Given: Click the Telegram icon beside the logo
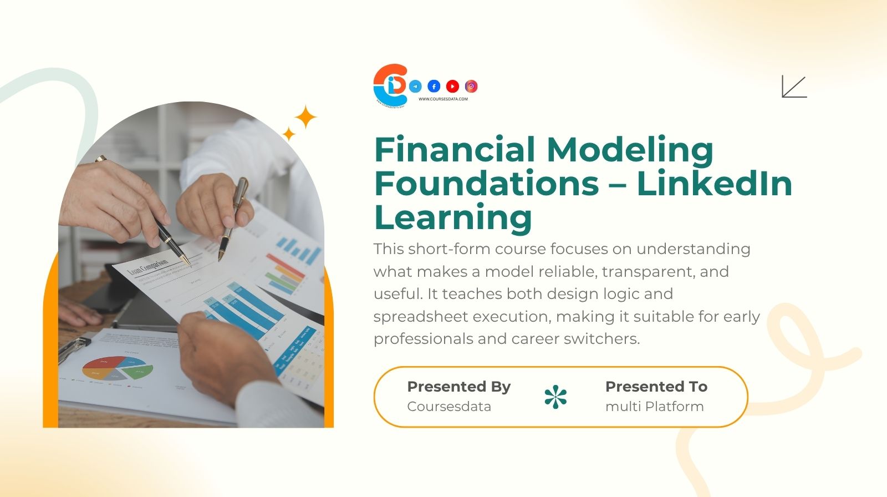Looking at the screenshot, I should point(415,86).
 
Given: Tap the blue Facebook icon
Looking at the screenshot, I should point(434,86).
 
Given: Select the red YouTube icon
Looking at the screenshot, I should point(452,86).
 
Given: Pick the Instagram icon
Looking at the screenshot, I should point(471,86).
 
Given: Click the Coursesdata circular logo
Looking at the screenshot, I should point(391,85).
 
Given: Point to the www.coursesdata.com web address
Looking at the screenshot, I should point(443,99).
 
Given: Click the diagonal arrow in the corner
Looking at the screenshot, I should point(794,87).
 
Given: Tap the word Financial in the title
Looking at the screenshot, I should point(455,150).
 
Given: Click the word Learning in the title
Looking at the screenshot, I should point(453,217).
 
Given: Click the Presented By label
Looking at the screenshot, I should point(458,387).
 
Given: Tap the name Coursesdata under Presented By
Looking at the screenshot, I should point(449,407).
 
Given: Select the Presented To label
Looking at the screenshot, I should point(656,387).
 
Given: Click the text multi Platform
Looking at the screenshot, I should point(654,407).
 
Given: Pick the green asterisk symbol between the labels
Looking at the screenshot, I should point(555,397).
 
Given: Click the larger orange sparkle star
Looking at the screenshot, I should point(305,117).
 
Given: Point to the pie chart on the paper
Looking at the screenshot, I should point(118,368).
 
